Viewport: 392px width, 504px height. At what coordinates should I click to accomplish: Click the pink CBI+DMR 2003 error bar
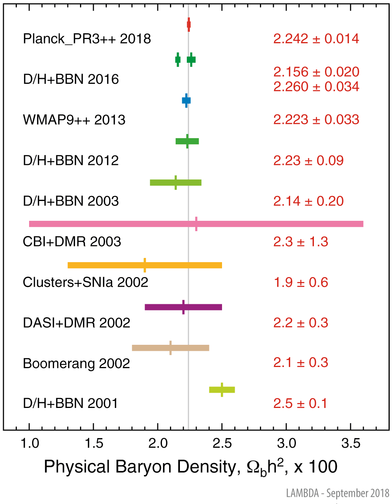tap(196, 224)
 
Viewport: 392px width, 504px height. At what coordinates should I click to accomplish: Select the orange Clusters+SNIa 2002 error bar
tap(145, 265)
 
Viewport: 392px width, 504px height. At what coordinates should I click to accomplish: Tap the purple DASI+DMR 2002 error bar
tap(183, 307)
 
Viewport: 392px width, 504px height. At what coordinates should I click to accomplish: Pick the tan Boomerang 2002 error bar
tap(170, 348)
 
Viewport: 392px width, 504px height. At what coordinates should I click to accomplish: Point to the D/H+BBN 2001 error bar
tap(222, 390)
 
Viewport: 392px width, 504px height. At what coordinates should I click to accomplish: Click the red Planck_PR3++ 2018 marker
tap(189, 24)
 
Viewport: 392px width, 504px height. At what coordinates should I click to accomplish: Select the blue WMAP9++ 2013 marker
tap(186, 101)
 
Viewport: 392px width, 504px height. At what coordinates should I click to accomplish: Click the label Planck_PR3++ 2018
tap(87, 39)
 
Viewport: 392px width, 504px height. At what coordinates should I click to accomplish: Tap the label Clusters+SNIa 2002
tap(85, 282)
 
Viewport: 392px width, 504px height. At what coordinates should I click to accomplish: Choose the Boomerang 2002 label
tap(77, 363)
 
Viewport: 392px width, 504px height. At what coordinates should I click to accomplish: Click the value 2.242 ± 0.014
tap(316, 39)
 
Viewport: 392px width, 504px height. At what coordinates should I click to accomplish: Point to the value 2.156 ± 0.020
tap(316, 72)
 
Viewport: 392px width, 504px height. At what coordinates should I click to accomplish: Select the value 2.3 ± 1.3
tap(301, 241)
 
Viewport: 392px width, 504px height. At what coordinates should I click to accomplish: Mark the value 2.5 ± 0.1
tap(300, 403)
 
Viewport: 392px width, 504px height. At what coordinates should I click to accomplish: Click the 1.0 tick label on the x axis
tap(30, 443)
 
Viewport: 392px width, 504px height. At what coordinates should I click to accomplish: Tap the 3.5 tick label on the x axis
tap(351, 443)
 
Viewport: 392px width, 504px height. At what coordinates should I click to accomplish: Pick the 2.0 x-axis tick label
tap(158, 443)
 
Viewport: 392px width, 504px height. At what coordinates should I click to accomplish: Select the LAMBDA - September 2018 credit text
tap(338, 493)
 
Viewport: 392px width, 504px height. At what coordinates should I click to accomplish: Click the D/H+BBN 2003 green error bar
tap(176, 183)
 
